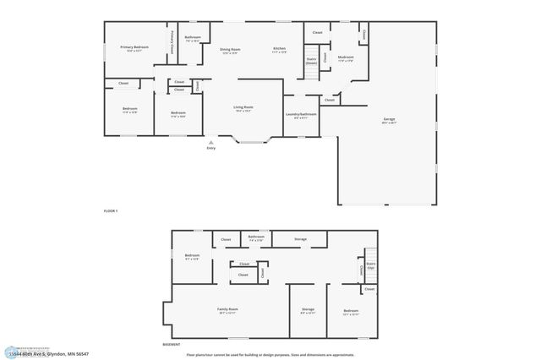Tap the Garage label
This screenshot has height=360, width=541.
389,119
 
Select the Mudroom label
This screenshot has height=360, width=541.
345,57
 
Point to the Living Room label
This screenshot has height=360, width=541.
243,107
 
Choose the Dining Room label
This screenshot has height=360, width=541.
231,48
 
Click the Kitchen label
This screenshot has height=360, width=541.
279,48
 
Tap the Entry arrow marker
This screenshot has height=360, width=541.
211,144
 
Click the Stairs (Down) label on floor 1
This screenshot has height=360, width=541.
311,61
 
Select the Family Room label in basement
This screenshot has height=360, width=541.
227,310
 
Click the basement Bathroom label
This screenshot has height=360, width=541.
254,237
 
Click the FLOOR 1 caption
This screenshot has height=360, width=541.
111,210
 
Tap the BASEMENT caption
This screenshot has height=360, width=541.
172,345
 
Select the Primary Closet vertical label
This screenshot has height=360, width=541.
172,41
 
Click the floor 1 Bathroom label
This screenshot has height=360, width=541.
193,37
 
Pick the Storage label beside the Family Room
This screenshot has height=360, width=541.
308,310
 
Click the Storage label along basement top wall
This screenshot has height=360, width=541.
300,239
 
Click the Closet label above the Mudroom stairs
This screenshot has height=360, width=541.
317,32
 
